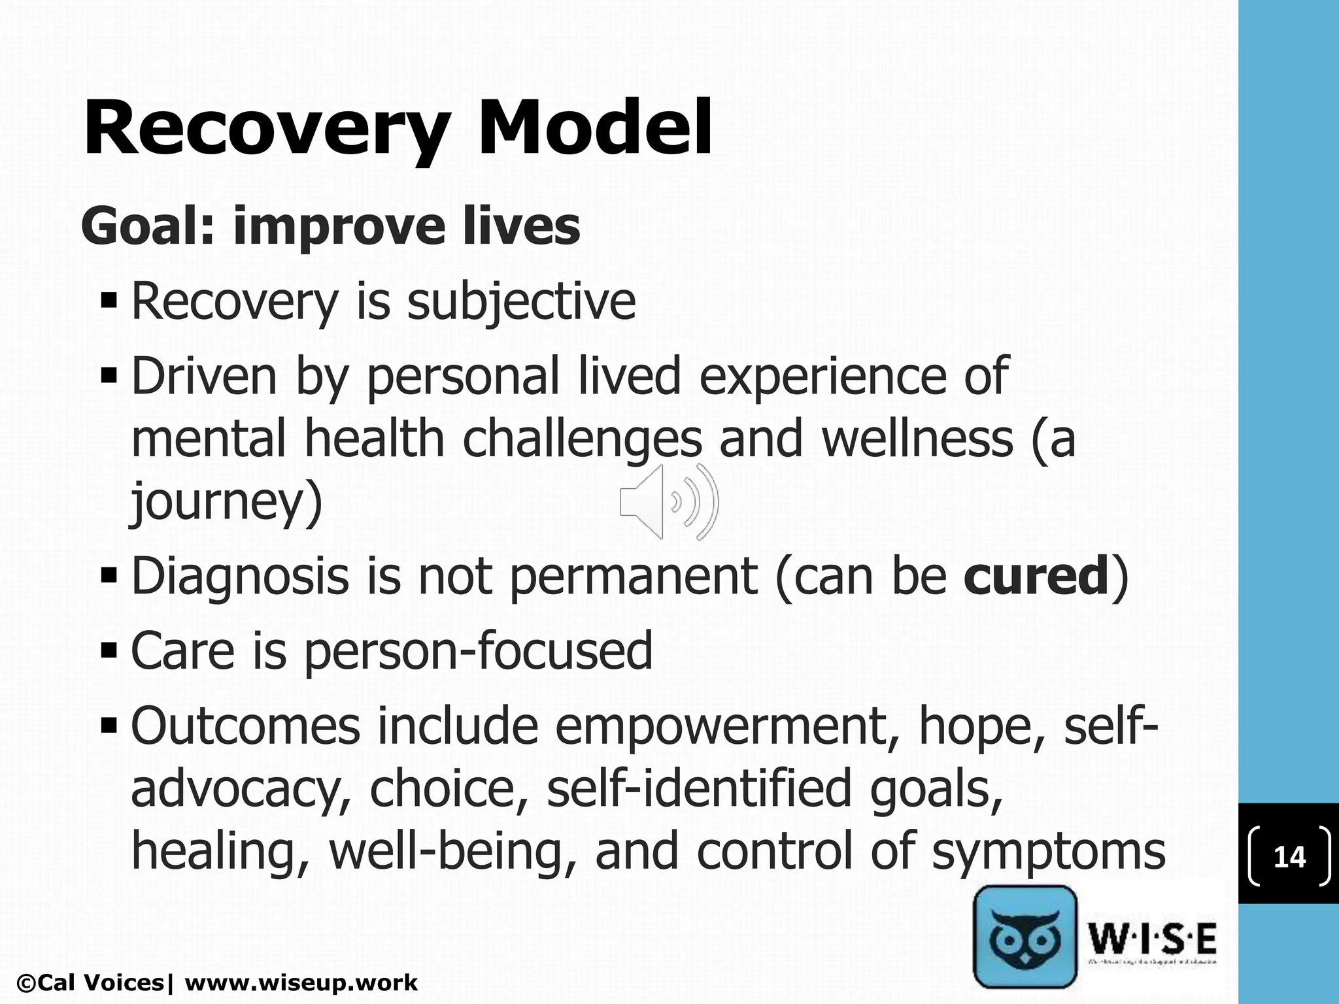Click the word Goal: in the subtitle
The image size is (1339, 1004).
(148, 226)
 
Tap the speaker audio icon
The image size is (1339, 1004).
(669, 502)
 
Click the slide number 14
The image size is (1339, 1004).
(1289, 857)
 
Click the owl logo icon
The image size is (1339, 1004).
(1025, 937)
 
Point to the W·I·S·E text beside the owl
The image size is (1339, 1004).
(1152, 939)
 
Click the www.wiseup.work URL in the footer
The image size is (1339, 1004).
(301, 982)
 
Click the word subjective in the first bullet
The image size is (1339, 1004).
(521, 302)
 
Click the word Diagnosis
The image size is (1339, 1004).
(240, 577)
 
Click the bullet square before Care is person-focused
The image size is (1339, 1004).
(110, 650)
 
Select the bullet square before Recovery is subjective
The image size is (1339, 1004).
(110, 301)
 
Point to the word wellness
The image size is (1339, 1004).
(917, 439)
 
